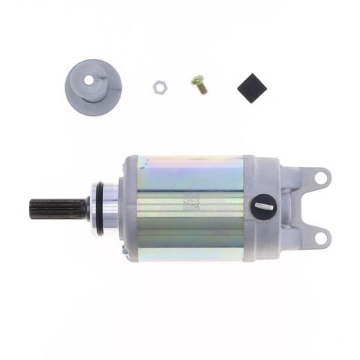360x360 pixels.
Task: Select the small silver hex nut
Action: (159, 87)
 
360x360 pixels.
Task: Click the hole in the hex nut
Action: (159, 87)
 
